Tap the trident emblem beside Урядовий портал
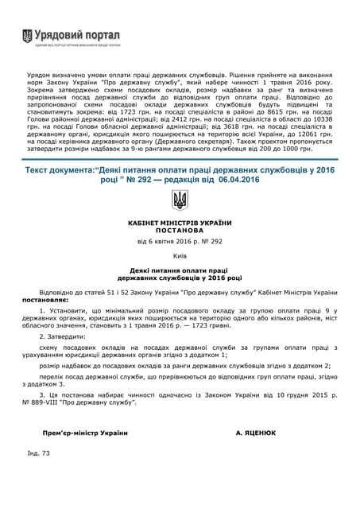[x=28, y=37]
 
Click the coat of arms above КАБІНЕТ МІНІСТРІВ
[x=180, y=200]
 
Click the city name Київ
[x=180, y=258]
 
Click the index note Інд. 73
[x=39, y=453]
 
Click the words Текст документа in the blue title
[x=60, y=169]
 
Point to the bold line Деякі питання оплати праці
[x=180, y=270]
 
